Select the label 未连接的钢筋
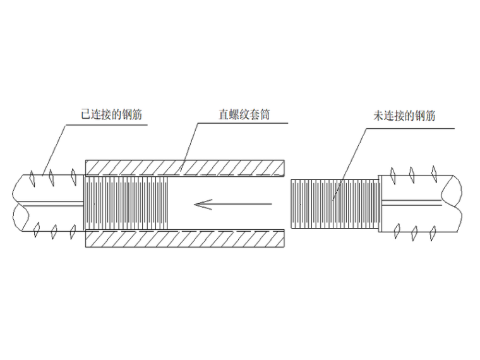[405, 116]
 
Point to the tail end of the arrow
[272, 203]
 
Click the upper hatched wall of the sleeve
[184, 167]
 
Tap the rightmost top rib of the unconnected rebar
[433, 172]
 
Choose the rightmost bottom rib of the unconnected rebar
[433, 233]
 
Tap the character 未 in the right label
[378, 116]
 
